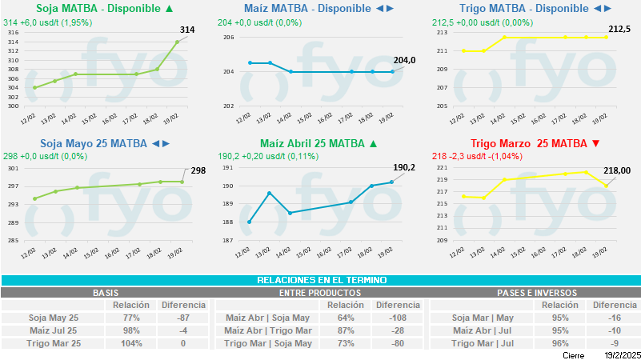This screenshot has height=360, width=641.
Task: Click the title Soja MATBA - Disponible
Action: pos(98,9)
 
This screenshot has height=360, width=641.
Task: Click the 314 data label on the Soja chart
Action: pos(187,30)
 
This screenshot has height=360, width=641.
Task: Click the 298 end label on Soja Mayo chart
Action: pos(198,170)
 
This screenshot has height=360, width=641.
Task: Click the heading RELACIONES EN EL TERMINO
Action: pos(321,280)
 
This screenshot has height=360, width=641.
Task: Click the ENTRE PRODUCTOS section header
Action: pos(320,293)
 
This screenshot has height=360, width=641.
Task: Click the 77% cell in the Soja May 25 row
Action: pos(131,318)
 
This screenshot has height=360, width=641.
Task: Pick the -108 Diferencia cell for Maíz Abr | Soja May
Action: pos(398,318)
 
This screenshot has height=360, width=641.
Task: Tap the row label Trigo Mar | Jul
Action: pos(483,343)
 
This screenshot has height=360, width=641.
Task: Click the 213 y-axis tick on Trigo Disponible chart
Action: pos(442,33)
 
